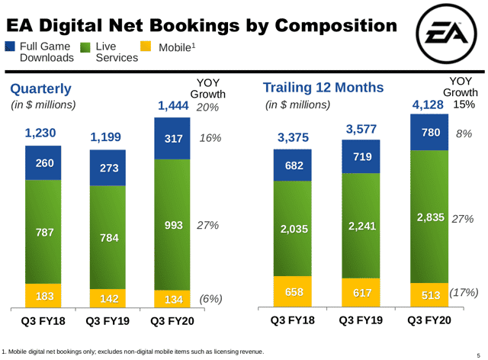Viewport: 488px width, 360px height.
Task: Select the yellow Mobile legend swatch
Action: pos(147,47)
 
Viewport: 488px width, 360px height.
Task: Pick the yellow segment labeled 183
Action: pos(48,294)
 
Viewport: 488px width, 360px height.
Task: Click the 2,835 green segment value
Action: pos(431,218)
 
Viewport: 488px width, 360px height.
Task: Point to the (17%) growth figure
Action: pos(463,293)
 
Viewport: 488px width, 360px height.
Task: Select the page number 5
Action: pos(479,352)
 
